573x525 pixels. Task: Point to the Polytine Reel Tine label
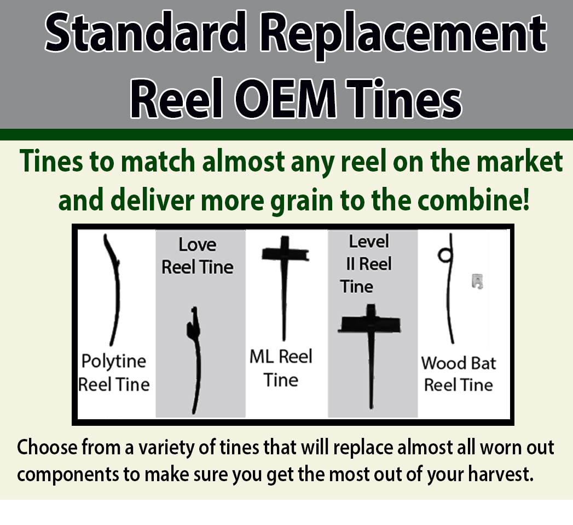(x=114, y=373)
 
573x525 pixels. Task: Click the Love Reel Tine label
(x=198, y=255)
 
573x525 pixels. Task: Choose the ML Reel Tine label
(x=281, y=368)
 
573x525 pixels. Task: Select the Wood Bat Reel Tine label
(x=459, y=374)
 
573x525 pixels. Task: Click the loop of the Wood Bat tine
(x=444, y=254)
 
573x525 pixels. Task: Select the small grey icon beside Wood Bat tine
(x=477, y=282)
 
